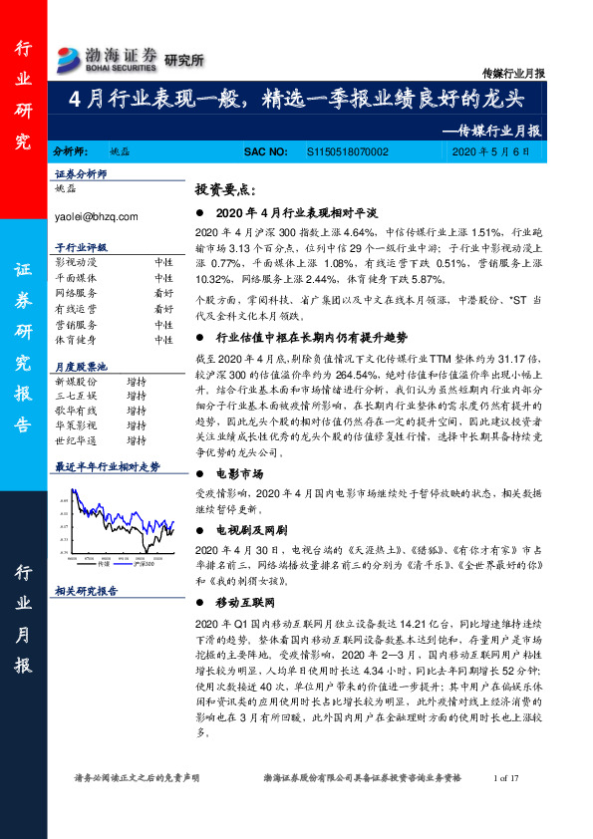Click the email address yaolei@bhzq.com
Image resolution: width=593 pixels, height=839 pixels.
97,214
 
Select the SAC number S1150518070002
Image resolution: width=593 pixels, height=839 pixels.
343,151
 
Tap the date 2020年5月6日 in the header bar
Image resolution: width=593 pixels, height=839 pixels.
497,151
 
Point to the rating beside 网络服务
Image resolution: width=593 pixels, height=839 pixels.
163,294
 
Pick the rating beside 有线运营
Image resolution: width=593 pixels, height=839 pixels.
163,310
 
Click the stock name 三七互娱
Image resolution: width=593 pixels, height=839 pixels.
77,397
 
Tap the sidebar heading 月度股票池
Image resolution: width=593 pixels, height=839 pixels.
80,365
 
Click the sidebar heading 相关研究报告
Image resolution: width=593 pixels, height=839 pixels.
86,591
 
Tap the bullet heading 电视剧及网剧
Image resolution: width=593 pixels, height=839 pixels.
250,529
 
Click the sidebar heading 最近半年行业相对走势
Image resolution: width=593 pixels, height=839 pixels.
107,466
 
